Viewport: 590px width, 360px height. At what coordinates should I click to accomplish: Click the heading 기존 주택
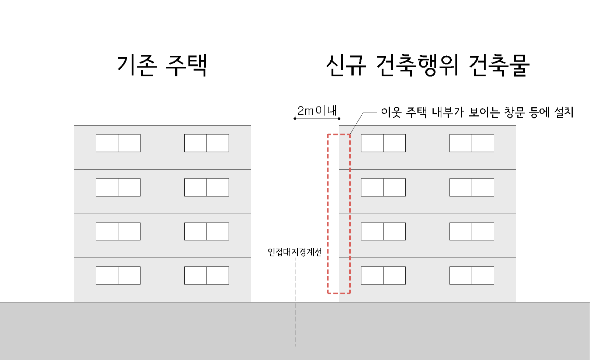162,65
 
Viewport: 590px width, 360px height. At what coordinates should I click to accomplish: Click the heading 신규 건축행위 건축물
428,65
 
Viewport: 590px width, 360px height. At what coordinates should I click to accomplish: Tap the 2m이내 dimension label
317,110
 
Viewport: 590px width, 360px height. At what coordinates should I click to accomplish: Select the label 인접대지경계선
295,252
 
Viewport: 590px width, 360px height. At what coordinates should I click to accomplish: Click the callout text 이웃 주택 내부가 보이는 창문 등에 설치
477,112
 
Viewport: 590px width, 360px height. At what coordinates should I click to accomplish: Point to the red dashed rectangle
328,214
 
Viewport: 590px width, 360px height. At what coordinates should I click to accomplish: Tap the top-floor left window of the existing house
118,143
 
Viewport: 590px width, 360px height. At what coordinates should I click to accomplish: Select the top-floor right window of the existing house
206,143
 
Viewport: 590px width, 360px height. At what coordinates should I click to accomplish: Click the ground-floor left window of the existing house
118,276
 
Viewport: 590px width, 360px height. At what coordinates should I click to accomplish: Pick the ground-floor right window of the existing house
206,276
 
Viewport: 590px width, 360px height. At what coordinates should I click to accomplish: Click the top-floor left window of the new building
383,143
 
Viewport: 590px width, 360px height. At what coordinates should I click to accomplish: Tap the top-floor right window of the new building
472,143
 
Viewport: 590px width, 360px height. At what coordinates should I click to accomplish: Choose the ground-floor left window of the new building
383,276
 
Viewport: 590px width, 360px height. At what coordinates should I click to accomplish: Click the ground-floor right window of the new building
472,276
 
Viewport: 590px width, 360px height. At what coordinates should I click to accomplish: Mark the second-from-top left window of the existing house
118,187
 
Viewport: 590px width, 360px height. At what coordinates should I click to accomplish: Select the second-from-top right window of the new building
472,187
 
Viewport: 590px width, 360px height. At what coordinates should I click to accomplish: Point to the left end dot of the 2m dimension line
295,118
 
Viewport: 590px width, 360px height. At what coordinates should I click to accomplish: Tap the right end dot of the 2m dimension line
339,118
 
